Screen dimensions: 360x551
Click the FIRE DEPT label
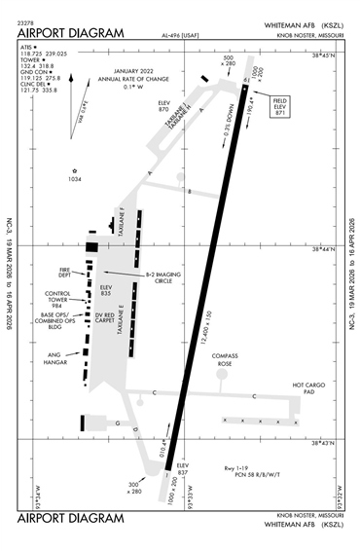point(66,273)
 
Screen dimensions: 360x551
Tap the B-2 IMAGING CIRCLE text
point(163,279)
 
